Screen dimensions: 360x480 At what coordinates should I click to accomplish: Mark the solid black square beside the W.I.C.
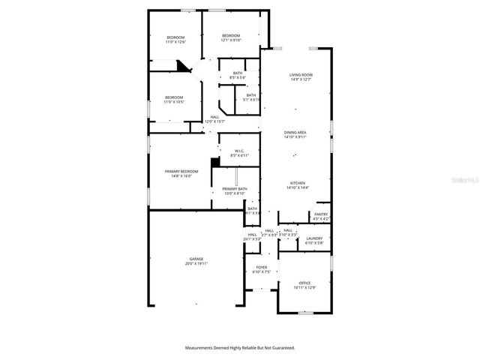tap(215, 160)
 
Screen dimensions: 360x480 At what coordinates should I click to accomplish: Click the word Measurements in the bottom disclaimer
tap(202, 348)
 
